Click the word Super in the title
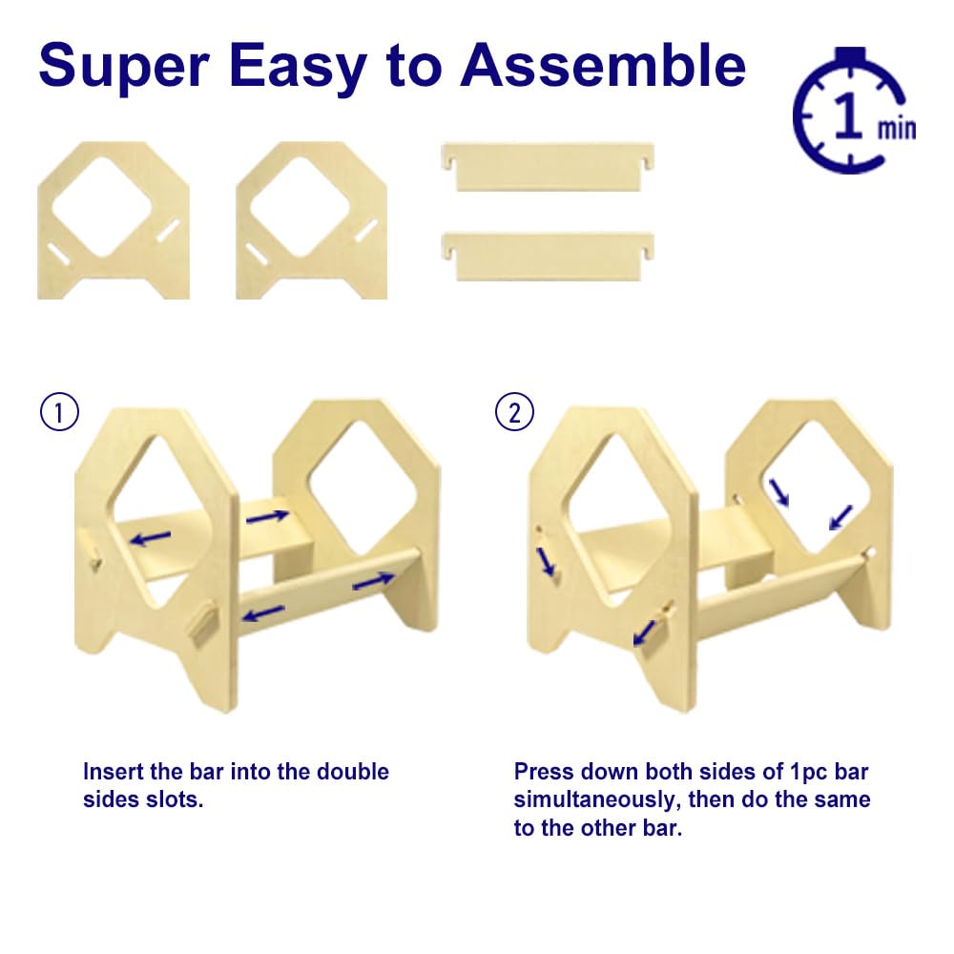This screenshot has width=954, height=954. click(x=124, y=67)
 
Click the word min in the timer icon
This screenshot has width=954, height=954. click(x=896, y=129)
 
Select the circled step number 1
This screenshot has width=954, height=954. click(x=59, y=412)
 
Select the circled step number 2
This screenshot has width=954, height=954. click(x=514, y=412)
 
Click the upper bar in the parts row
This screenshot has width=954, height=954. click(x=548, y=167)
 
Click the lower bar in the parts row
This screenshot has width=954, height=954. click(x=548, y=256)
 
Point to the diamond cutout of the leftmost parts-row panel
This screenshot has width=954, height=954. click(x=102, y=207)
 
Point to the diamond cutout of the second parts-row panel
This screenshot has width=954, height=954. click(x=300, y=207)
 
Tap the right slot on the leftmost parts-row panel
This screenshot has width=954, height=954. click(x=169, y=231)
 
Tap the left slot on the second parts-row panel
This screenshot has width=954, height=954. click(x=257, y=255)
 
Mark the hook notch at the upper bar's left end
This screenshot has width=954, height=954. click(x=449, y=163)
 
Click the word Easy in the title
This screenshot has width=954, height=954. click(x=298, y=67)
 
